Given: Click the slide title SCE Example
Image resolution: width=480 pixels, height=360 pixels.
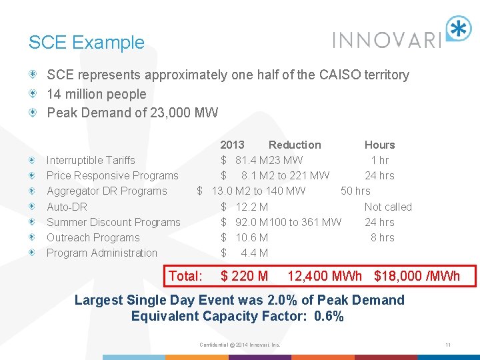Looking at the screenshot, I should [x=86, y=43].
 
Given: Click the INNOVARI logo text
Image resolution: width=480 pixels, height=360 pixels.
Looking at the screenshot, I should [x=387, y=40].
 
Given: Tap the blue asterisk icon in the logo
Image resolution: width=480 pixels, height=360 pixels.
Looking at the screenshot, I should [x=459, y=29].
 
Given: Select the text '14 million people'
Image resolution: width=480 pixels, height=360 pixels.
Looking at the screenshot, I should [x=96, y=94].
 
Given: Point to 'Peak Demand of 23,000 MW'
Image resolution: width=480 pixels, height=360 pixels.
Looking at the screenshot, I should [x=132, y=113].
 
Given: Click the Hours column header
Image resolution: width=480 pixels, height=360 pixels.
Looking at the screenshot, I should [x=379, y=145].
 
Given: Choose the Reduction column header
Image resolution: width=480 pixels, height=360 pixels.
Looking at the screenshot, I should [x=295, y=145].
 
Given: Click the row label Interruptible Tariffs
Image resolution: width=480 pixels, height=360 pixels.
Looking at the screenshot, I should [x=91, y=160].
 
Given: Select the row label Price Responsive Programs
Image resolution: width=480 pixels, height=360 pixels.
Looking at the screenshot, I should [x=112, y=175].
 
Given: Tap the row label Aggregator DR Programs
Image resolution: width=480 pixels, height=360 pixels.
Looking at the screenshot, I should [x=107, y=191].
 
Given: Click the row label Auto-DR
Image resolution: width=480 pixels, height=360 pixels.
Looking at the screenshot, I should [x=67, y=207].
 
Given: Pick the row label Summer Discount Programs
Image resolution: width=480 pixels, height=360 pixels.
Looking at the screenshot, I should [x=113, y=222].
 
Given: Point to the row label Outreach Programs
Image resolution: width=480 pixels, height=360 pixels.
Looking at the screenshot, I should [x=93, y=237].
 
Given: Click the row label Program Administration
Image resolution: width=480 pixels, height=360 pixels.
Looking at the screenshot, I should [x=102, y=253].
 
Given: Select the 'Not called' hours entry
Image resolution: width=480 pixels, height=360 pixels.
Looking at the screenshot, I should [x=388, y=207].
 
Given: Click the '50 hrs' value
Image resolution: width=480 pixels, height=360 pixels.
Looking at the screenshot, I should [x=355, y=191].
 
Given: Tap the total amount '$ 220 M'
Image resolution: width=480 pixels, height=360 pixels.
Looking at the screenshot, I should [x=244, y=276].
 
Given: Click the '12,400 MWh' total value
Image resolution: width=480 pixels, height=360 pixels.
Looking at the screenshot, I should [x=325, y=276].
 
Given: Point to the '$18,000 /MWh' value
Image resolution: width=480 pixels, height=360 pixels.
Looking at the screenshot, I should [x=417, y=276].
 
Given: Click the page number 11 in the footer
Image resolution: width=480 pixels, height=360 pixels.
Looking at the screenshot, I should [x=449, y=345].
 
